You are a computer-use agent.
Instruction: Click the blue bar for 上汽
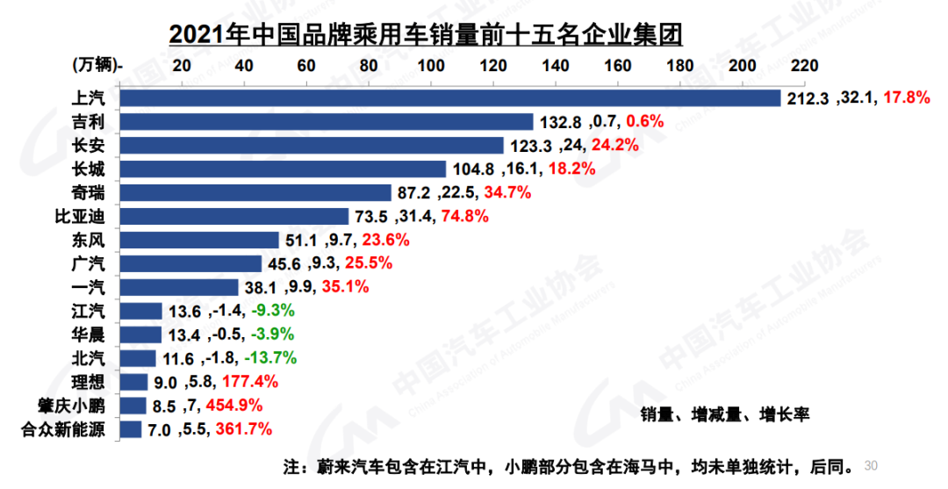pos(449,97)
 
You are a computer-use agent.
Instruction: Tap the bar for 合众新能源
pos(130,429)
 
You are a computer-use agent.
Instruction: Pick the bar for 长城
pos(282,169)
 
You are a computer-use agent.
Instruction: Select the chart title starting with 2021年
pos(426,34)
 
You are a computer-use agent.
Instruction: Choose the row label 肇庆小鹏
pos(74,406)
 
